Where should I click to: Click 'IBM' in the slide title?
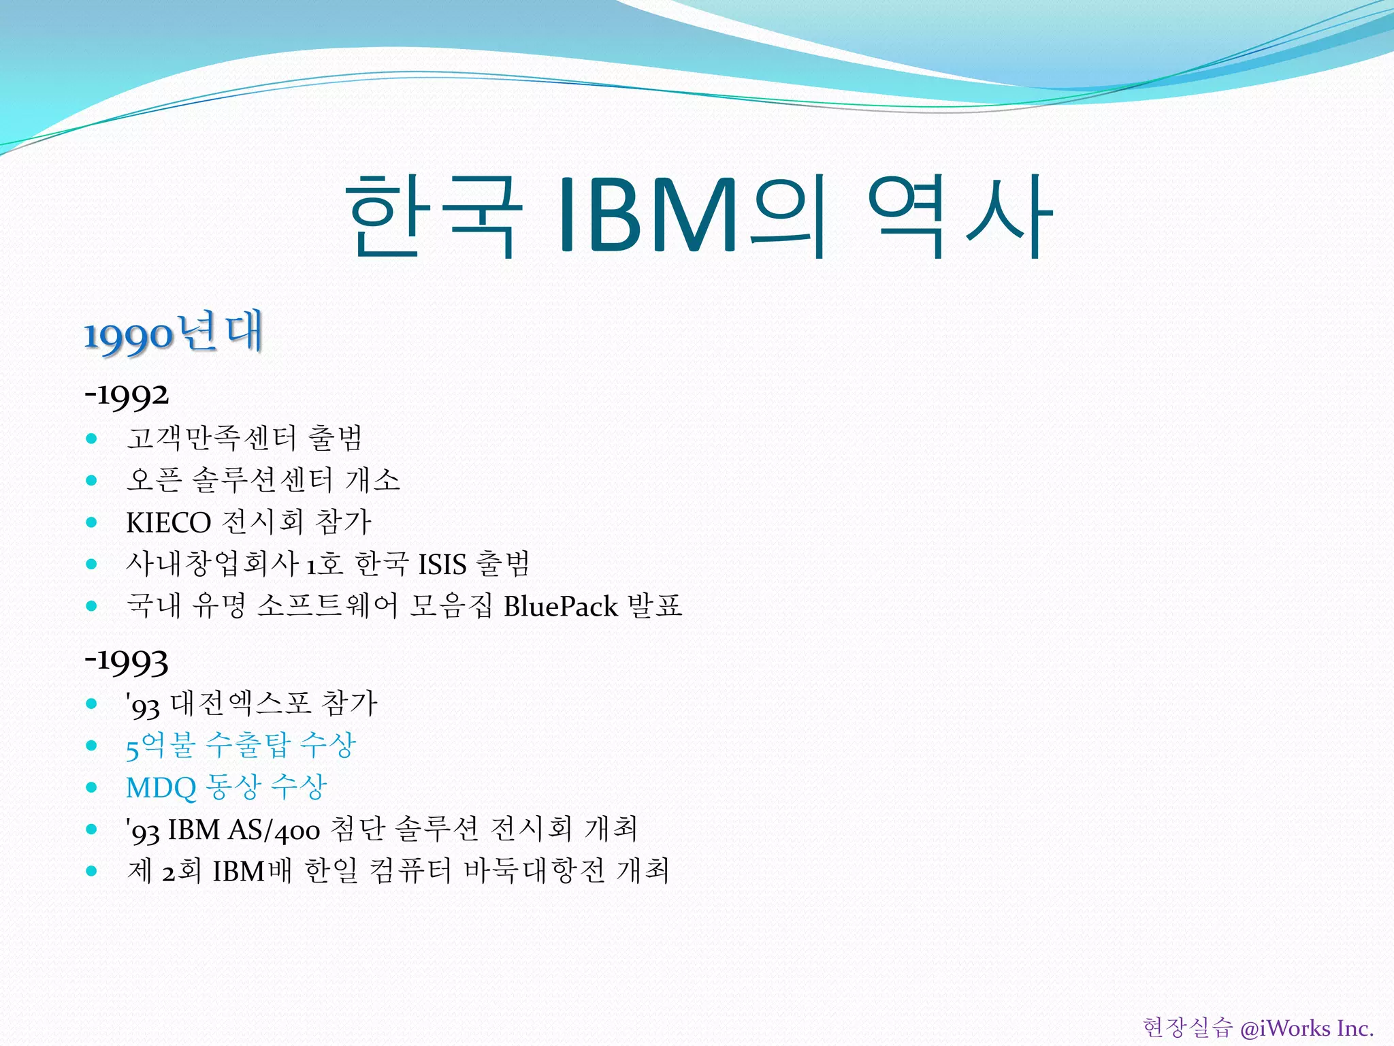tap(647, 215)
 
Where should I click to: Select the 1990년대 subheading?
tap(173, 333)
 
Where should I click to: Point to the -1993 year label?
tap(127, 661)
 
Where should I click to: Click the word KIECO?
tap(169, 522)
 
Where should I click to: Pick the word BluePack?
tap(561, 606)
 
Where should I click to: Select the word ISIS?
tap(442, 565)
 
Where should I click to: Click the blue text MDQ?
tap(161, 788)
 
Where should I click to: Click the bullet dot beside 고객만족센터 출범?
tap(92, 439)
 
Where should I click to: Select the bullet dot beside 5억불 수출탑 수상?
tap(92, 746)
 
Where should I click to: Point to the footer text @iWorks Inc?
tap(1306, 1028)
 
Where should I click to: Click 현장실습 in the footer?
tap(1187, 1028)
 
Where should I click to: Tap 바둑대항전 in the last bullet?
tap(534, 871)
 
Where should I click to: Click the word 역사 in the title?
tap(960, 215)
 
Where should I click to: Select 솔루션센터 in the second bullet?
tap(262, 480)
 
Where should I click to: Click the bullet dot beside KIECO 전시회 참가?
tap(92, 522)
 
